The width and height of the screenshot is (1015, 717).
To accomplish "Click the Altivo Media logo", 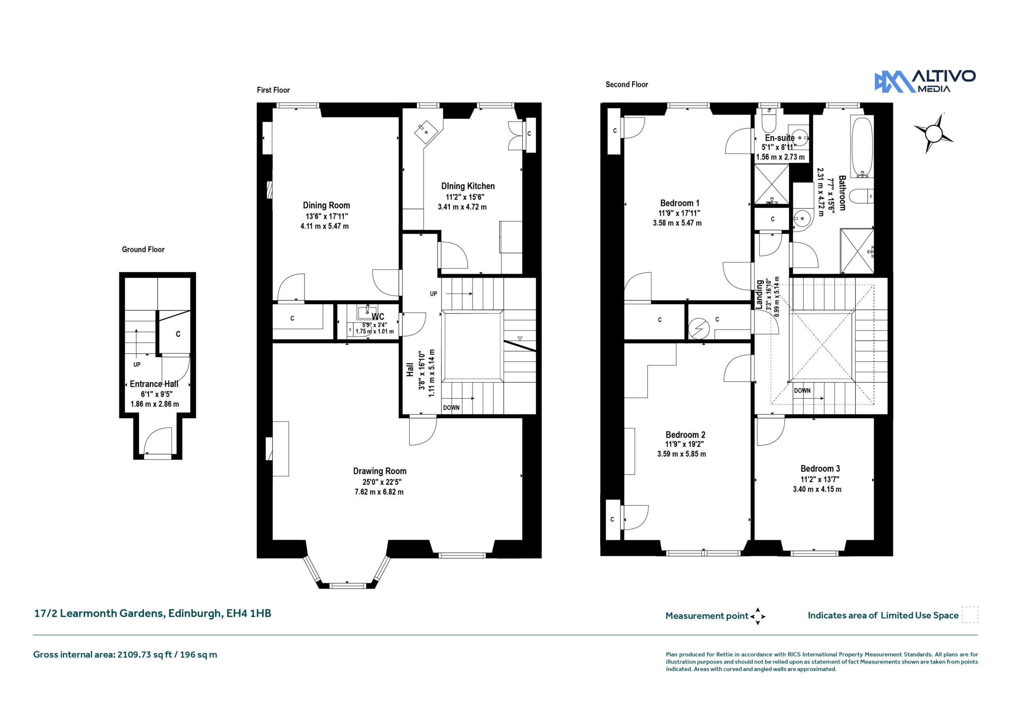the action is click(x=925, y=81).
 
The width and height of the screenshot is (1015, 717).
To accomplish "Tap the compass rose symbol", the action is click(x=933, y=133).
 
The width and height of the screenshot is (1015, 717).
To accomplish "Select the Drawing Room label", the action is click(x=380, y=471).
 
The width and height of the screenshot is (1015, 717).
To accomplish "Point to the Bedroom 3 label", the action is click(x=820, y=468).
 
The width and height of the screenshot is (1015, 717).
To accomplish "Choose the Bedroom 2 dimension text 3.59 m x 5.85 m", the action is click(x=681, y=454).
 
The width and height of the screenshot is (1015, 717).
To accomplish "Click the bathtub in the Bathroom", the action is click(x=862, y=147).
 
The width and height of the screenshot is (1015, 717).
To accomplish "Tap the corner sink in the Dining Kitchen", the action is click(x=426, y=132).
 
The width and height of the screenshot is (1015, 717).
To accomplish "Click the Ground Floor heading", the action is click(x=143, y=249).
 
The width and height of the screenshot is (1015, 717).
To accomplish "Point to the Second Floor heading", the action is click(x=626, y=84).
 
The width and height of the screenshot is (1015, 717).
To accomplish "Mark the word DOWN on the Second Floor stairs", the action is click(x=802, y=391).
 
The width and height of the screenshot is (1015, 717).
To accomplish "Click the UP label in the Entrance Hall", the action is click(x=137, y=364).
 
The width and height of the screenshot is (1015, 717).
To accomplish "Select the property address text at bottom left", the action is click(x=153, y=613).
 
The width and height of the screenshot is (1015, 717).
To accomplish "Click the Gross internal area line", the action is click(x=125, y=654).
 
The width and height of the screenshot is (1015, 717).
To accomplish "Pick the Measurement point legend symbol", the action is click(x=757, y=616).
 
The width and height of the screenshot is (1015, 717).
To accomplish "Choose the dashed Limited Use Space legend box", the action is click(x=970, y=614).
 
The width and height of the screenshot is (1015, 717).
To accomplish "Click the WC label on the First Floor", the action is click(x=378, y=316).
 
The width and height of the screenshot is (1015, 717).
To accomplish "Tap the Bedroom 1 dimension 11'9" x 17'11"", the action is click(x=679, y=213).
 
